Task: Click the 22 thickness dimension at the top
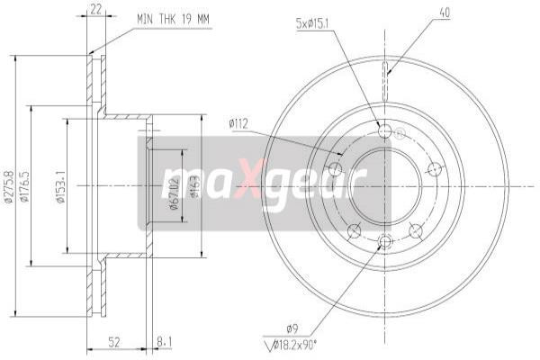click(96, 10)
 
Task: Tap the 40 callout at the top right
click(442, 12)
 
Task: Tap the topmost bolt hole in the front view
click(385, 132)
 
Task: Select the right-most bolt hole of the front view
click(434, 168)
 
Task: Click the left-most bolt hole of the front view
click(337, 168)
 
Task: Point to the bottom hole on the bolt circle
click(385, 241)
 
